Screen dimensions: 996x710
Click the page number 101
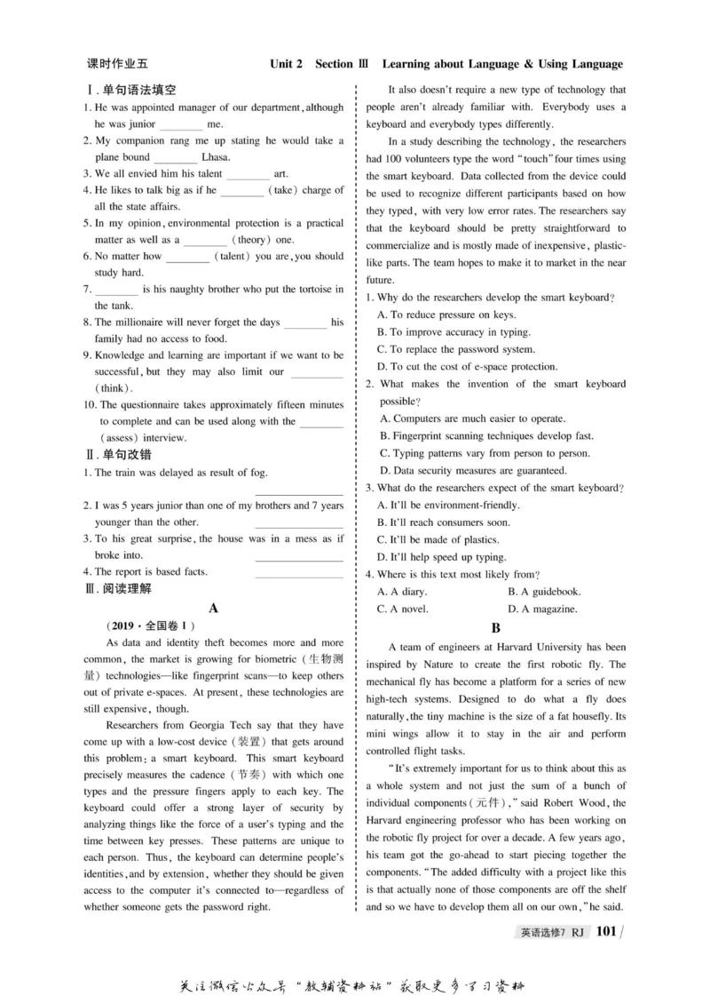[606, 931]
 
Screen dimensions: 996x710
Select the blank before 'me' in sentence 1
[181, 124]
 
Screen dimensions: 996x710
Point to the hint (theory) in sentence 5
[252, 240]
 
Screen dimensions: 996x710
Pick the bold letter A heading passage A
[213, 609]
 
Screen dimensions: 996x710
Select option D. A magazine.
[542, 609]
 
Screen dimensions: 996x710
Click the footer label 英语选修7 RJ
[551, 932]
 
